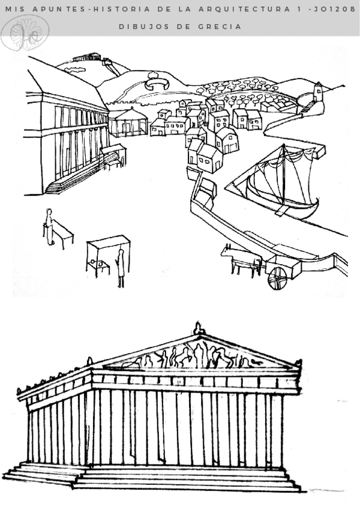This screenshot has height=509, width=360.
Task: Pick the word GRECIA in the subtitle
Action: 222,26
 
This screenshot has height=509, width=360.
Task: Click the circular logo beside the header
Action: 25,32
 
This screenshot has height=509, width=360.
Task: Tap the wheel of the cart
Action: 277,279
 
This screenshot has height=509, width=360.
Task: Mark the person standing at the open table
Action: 49,226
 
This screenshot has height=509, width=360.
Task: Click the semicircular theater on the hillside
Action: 158,83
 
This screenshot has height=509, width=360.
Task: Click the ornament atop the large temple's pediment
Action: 197,329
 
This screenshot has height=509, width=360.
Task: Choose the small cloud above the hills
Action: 71,70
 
